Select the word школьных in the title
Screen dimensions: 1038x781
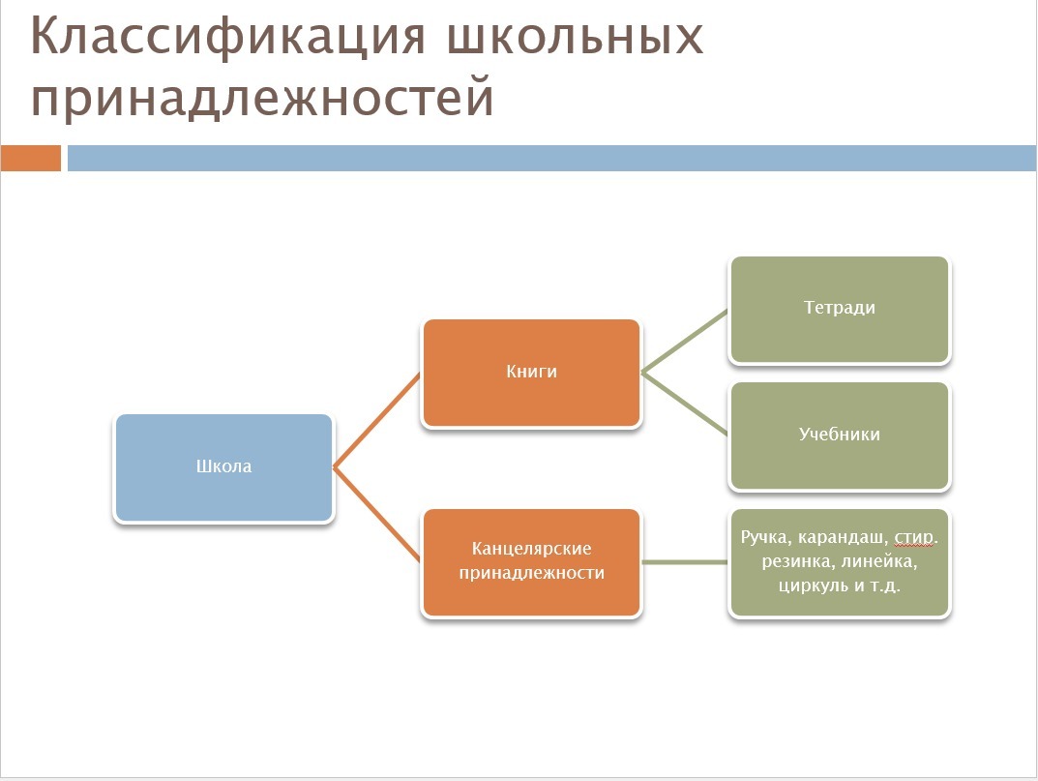click(575, 37)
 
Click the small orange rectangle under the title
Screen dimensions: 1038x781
click(31, 159)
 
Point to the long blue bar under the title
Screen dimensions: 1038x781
click(552, 159)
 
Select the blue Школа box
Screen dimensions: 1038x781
click(223, 467)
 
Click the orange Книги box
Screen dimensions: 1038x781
click(532, 373)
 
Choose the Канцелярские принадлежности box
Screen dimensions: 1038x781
click(532, 562)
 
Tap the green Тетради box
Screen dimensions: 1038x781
click(840, 310)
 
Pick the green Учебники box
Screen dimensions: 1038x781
click(840, 436)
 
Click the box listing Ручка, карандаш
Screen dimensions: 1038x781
click(840, 562)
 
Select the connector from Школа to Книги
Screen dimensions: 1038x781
click(376, 421)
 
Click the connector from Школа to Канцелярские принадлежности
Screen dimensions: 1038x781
click(376, 515)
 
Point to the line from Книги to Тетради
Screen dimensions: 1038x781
click(685, 342)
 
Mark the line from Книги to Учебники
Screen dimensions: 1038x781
click(685, 405)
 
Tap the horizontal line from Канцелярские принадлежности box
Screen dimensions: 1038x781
click(685, 562)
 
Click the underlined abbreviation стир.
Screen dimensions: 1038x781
click(915, 537)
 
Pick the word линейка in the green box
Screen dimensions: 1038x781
click(879, 561)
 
